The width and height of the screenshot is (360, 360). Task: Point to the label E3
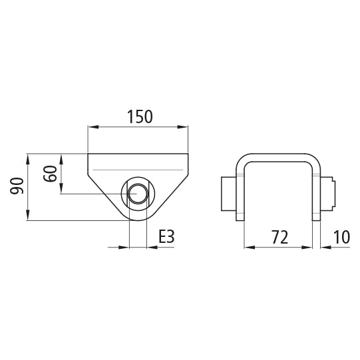[166, 236]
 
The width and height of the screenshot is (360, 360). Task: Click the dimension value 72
[279, 237]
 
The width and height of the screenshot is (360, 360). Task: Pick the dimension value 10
[341, 237]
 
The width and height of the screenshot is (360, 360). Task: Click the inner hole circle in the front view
[138, 194]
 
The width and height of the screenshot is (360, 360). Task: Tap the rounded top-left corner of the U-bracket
[243, 163]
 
